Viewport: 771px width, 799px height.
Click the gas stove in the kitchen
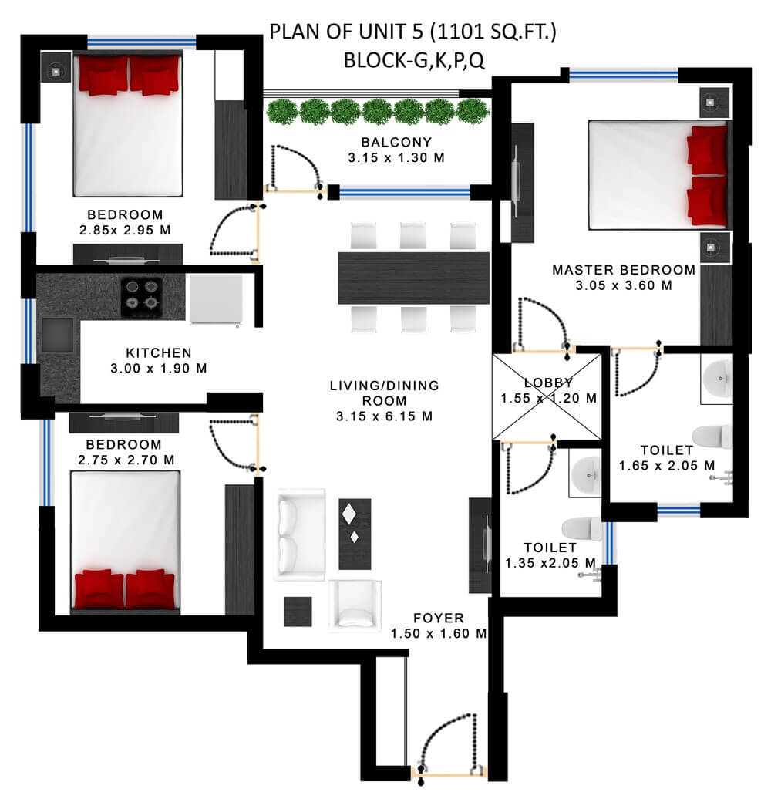point(142,297)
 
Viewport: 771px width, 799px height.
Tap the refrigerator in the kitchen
point(216,299)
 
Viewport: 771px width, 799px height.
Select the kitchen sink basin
point(57,335)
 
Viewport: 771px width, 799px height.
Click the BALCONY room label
point(396,142)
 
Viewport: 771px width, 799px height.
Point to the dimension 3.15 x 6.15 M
point(385,416)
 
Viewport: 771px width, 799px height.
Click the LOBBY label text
point(548,383)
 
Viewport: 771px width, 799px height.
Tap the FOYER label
point(439,618)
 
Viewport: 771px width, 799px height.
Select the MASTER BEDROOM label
point(624,270)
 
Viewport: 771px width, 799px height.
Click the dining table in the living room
point(414,278)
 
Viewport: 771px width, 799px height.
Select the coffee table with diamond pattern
point(355,534)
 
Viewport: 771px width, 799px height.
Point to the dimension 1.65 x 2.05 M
point(667,465)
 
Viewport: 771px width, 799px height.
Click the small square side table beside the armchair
point(298,611)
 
